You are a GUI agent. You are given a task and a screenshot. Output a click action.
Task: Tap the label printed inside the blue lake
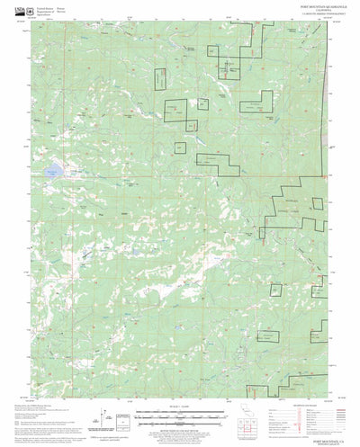54,167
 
